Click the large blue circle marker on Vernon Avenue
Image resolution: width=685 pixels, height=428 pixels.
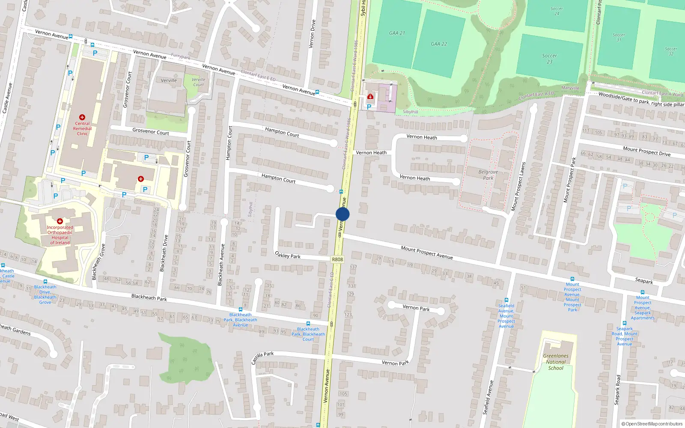[342, 214]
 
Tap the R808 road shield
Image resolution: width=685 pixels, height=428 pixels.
[337, 259]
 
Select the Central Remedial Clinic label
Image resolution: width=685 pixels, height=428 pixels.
[82, 128]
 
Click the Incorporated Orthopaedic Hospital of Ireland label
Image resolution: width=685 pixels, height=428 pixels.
[60, 235]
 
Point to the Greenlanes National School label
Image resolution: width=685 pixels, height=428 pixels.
[556, 362]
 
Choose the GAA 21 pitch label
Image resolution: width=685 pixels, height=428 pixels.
[397, 33]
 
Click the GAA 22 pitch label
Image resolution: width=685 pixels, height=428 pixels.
[439, 44]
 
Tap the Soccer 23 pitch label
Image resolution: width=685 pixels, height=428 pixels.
[549, 59]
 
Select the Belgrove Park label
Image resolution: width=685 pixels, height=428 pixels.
[488, 175]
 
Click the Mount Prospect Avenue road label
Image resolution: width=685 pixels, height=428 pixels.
[427, 252]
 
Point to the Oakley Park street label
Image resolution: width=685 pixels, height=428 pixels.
[288, 255]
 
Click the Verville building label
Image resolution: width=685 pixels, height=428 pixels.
[169, 80]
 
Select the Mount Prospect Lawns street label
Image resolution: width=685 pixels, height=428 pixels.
[518, 186]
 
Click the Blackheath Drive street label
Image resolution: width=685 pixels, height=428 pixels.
[164, 253]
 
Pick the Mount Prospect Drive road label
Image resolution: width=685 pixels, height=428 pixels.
[646, 151]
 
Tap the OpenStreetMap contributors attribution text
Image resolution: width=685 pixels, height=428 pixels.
[652, 424]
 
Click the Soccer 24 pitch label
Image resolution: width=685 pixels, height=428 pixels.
[557, 11]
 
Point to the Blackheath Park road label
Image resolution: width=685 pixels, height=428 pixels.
[149, 297]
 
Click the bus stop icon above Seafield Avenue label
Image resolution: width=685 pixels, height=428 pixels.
[506, 300]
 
